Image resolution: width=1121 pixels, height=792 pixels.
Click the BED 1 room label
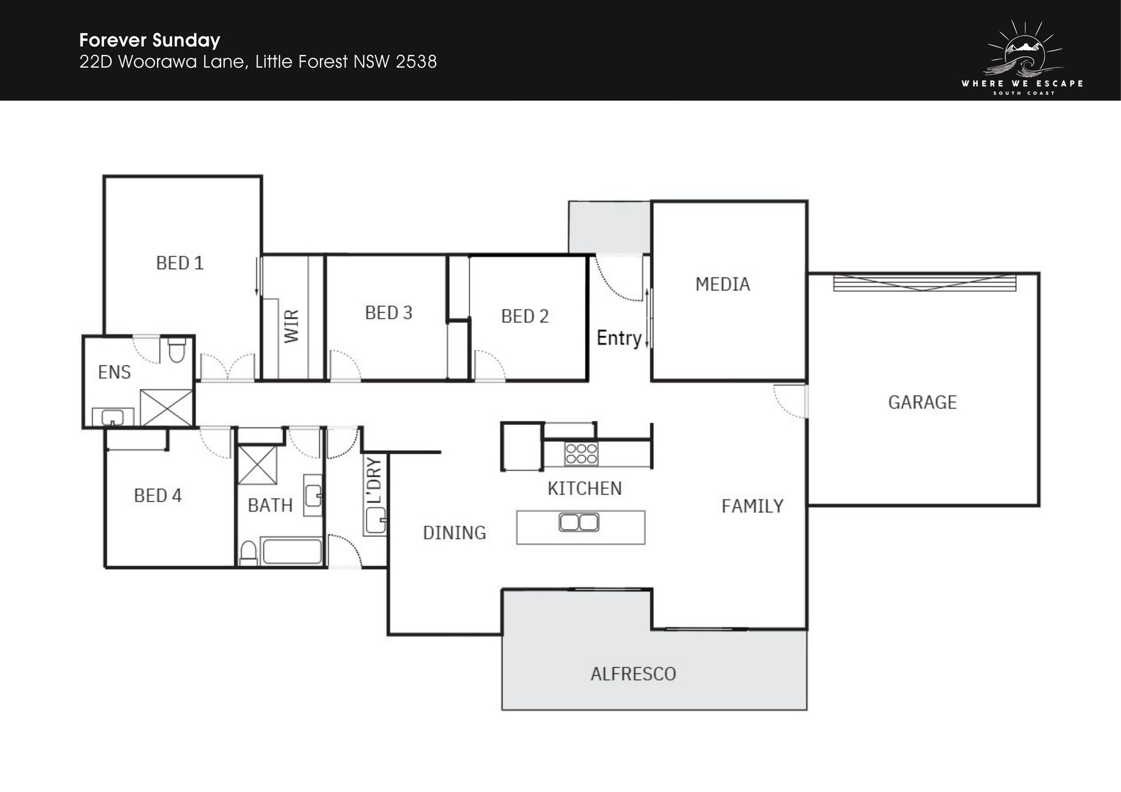tap(180, 263)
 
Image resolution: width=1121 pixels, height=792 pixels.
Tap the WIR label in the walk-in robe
tap(291, 326)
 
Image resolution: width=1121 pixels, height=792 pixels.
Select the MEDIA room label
tap(723, 284)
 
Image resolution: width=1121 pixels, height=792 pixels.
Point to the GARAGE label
tap(922, 402)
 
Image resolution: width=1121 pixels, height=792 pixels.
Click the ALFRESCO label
tap(633, 674)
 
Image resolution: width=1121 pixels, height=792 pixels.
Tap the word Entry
tap(619, 338)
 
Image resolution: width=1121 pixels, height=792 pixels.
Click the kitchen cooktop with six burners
tap(581, 454)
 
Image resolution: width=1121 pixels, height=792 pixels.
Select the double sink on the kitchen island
tap(579, 522)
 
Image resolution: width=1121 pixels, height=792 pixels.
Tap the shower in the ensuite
tap(166, 407)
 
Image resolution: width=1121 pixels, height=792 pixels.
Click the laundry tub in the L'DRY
tap(375, 520)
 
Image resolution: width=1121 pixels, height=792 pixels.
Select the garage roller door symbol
tap(925, 283)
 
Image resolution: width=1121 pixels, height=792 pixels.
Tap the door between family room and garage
tap(790, 401)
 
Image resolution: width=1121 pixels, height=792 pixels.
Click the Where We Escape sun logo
tap(1023, 57)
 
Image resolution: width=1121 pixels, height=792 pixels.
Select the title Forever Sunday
tap(149, 40)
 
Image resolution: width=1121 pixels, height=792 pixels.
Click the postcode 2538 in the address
tap(416, 62)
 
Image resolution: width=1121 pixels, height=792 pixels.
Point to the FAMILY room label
tap(753, 506)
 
